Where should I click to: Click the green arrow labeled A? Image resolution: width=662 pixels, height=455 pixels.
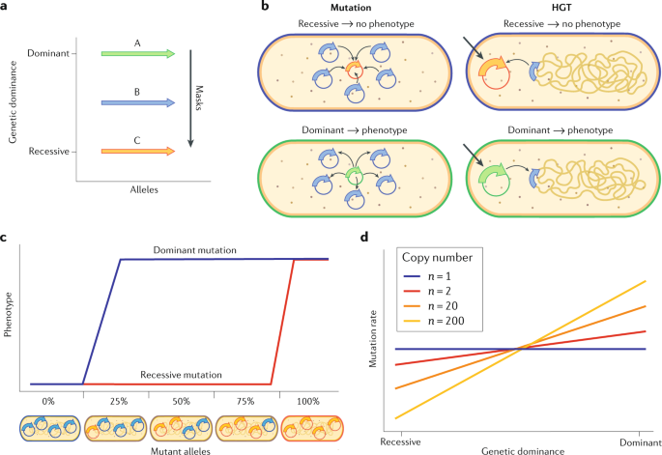coord(138,53)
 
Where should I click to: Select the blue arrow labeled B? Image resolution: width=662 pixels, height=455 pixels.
coord(138,100)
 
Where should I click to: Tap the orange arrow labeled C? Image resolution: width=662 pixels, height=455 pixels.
coord(138,150)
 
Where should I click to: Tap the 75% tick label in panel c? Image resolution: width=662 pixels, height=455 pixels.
coord(242,399)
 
